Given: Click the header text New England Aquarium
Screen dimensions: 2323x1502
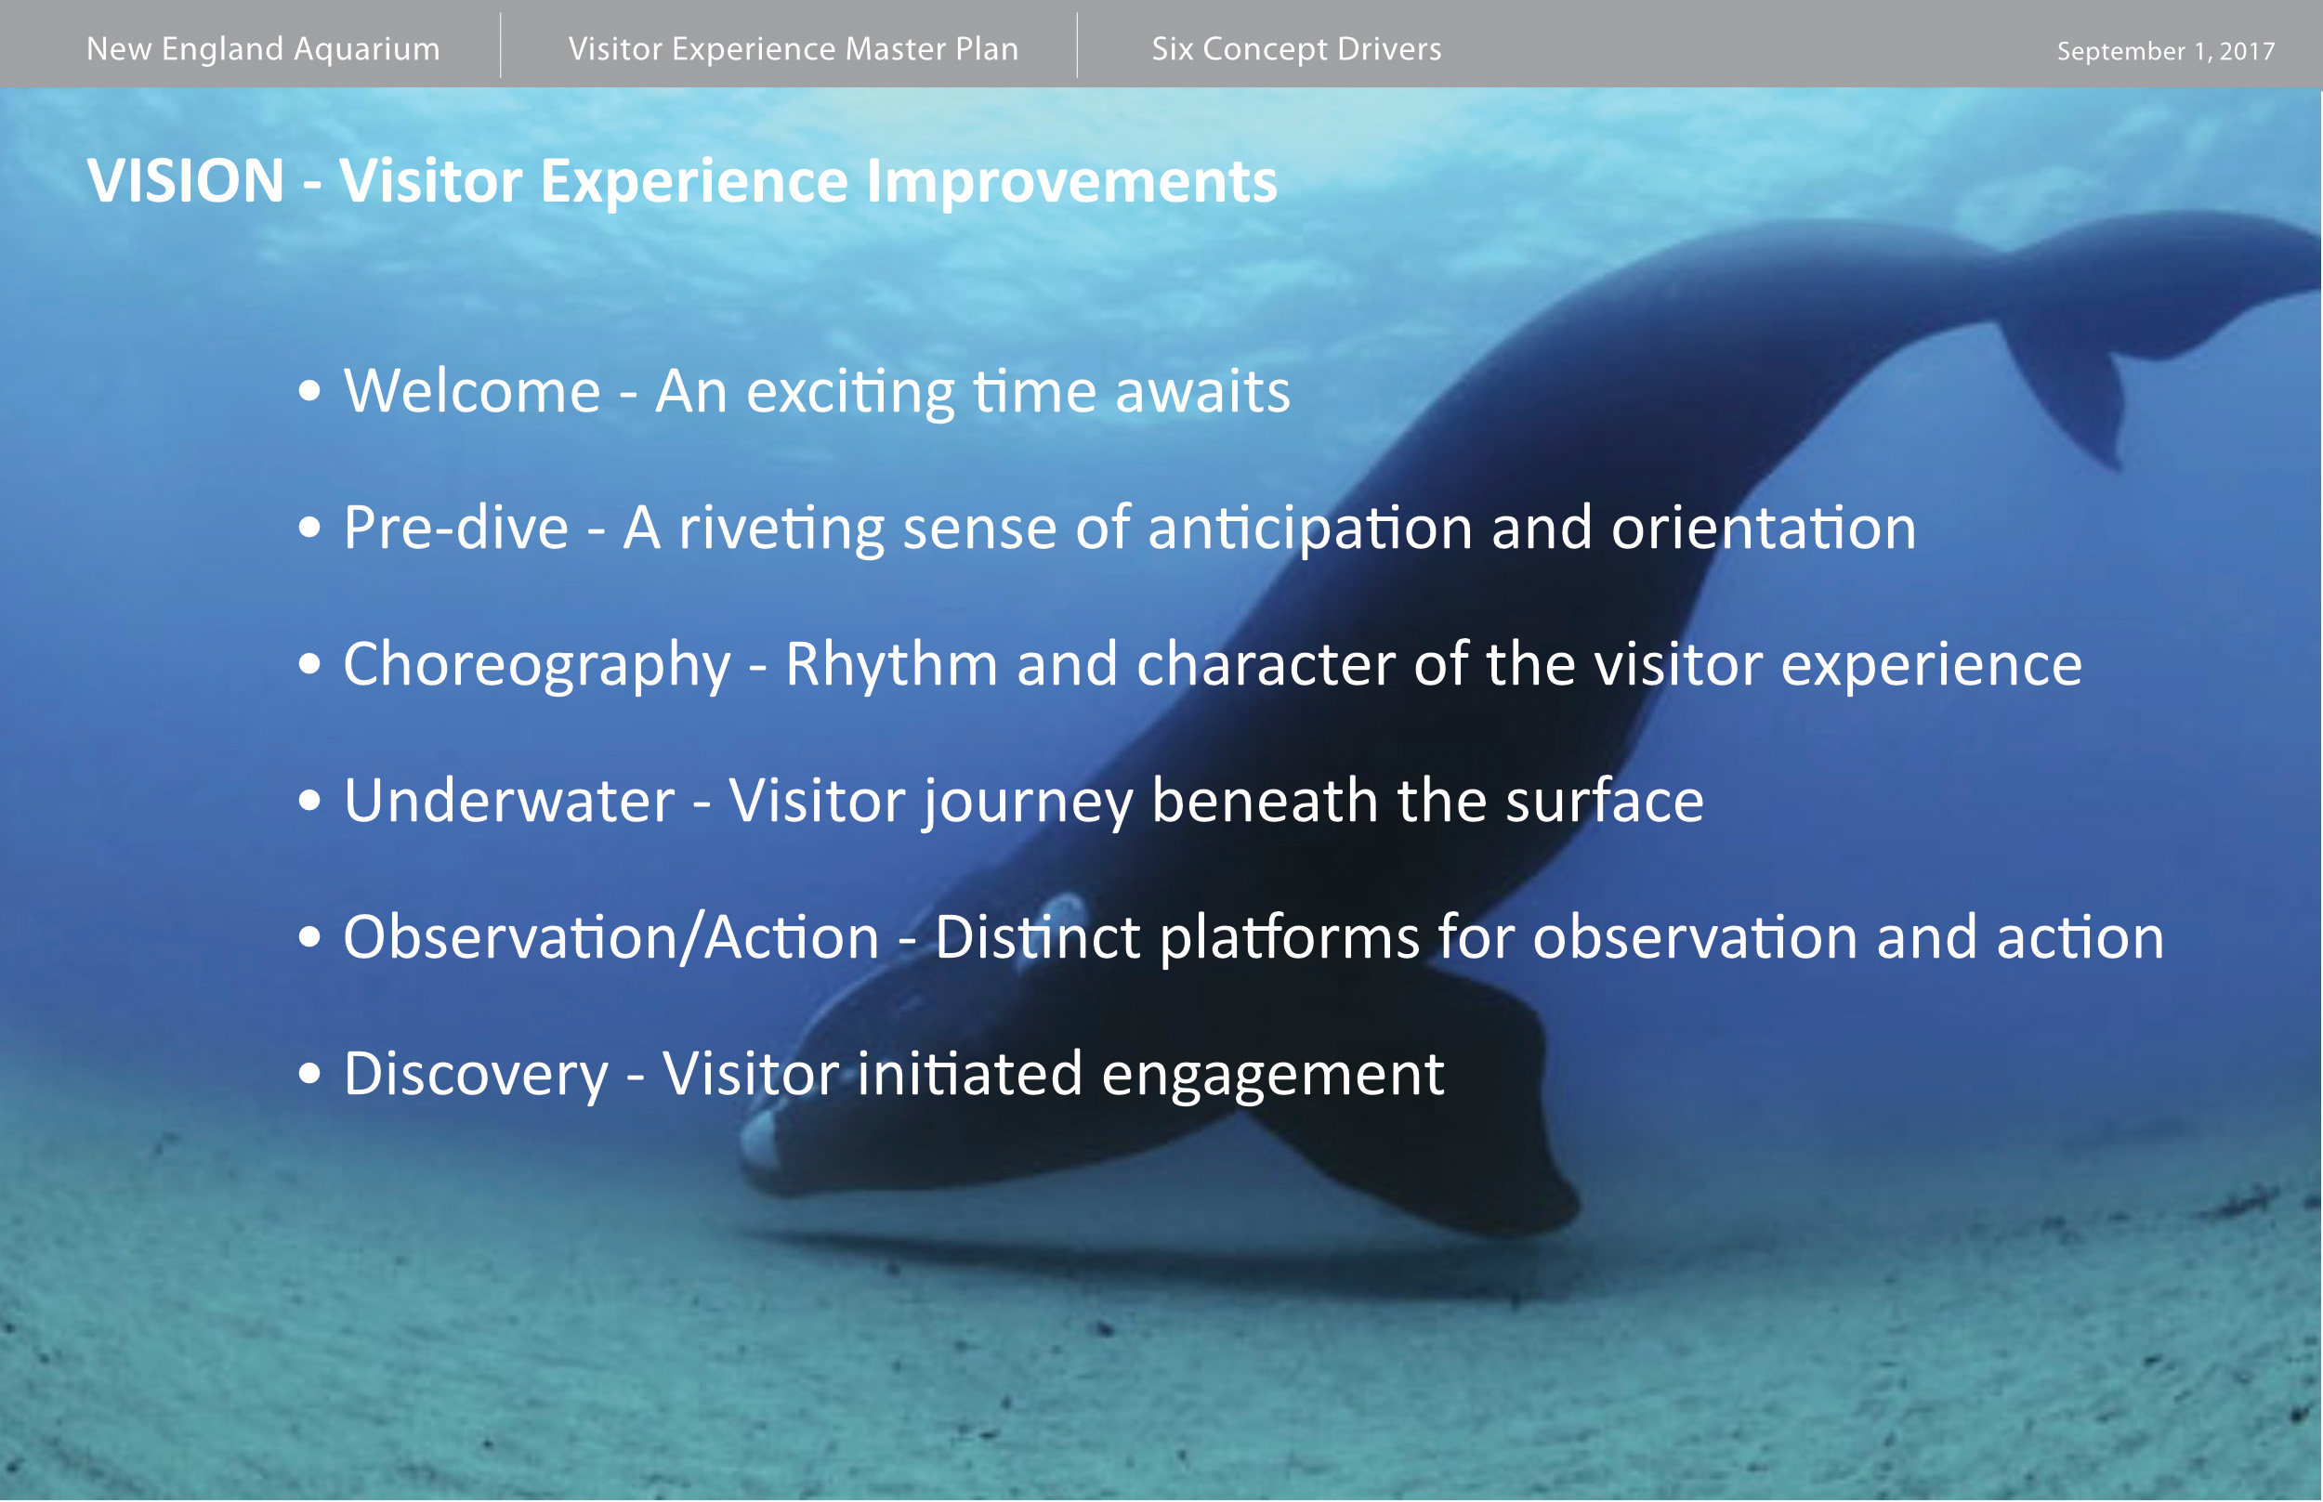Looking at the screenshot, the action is tap(263, 48).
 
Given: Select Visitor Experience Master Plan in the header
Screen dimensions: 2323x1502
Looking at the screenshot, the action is tap(794, 48).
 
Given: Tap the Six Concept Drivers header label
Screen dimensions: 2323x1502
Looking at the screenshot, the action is tap(1296, 48).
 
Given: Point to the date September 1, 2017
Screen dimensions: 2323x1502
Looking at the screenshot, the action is tap(2166, 51).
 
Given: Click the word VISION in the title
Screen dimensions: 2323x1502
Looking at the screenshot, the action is tap(185, 181).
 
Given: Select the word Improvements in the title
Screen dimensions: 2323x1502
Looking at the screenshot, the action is tap(1071, 182).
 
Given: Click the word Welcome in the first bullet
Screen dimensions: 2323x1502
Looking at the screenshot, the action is tap(471, 391).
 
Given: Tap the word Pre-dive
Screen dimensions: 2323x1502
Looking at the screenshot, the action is tap(455, 528).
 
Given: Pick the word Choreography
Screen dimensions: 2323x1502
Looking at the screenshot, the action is tap(536, 665).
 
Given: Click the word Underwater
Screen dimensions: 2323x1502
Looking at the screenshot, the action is tap(508, 801).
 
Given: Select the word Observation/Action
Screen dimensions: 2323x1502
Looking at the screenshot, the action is tap(610, 937).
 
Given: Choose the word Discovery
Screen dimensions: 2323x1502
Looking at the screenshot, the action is tap(475, 1075).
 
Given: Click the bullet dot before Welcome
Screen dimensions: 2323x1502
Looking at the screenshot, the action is tap(309, 391).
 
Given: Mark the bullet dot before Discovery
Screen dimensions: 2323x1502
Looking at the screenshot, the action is tap(309, 1074).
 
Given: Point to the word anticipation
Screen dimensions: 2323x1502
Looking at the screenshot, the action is tap(1310, 529).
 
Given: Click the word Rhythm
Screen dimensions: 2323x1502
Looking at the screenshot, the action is tap(892, 664).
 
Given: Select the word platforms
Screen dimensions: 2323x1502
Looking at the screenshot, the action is tap(1289, 939).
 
